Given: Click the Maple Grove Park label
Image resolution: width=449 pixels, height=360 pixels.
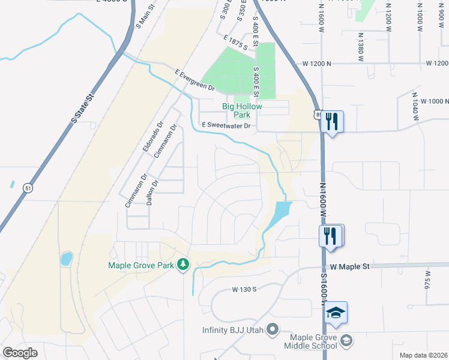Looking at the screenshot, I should [x=140, y=265].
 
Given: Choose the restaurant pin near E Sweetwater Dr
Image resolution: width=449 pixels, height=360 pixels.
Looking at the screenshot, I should [x=331, y=122].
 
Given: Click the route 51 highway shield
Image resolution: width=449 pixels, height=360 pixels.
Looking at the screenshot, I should [x=28, y=188].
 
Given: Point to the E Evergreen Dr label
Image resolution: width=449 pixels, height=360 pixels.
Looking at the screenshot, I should [x=195, y=80].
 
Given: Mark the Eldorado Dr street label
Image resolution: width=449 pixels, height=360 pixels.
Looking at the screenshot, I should [x=153, y=139].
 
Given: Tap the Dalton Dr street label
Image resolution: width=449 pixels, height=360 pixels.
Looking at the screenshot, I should [x=152, y=193].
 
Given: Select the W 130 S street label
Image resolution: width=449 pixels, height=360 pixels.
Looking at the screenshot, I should [x=244, y=289].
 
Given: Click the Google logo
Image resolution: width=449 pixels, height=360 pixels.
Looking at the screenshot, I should [x=20, y=353].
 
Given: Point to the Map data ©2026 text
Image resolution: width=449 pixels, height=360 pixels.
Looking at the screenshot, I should [x=423, y=355].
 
